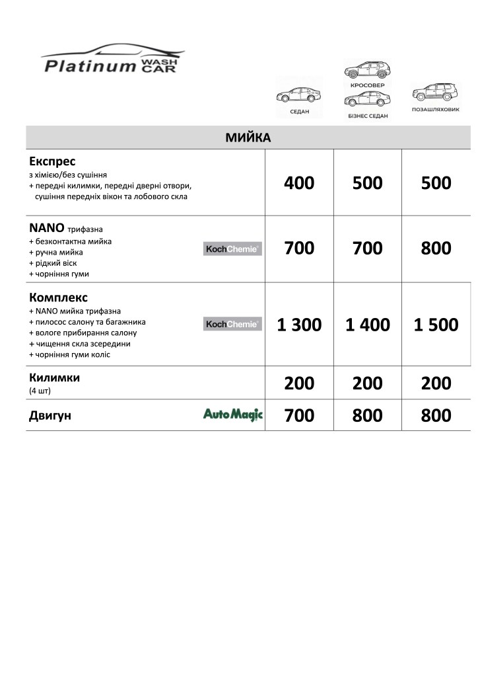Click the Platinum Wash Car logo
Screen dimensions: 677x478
click(112, 60)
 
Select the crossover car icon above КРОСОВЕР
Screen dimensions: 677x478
click(367, 69)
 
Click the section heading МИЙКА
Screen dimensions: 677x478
click(248, 138)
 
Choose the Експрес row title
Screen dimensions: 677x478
click(52, 161)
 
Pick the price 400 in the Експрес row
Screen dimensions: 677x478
click(299, 183)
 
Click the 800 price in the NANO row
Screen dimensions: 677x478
click(436, 249)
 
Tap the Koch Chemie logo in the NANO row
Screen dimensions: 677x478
click(232, 249)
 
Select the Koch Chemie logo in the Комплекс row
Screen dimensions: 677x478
click(232, 324)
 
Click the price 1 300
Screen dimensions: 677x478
click(299, 325)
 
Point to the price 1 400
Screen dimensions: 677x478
click(368, 325)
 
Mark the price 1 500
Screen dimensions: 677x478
click(436, 325)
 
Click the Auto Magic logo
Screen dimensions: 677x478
click(232, 415)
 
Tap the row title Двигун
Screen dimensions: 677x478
click(50, 416)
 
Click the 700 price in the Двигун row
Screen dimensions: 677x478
click(299, 416)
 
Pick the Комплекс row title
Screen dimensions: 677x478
click(58, 298)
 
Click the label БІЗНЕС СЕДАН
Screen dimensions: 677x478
click(368, 116)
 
